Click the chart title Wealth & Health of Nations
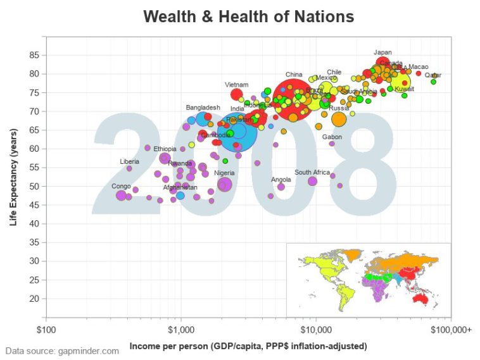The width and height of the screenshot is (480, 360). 248,16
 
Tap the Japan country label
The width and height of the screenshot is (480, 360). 383,53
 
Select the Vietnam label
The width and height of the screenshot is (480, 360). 236,85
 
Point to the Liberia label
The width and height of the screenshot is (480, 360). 129,162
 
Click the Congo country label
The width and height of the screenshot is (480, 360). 121,186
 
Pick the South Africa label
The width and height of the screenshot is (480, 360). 312,172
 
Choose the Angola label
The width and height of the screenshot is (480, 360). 281,179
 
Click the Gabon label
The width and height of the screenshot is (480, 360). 332,137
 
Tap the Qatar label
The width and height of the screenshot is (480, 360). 433,75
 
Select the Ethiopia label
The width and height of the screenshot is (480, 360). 165,149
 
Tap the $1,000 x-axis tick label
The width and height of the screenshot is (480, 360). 181,329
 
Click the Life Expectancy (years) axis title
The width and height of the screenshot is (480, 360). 13,177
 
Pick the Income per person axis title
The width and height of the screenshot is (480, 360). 248,346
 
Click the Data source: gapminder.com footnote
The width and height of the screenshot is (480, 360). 62,351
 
